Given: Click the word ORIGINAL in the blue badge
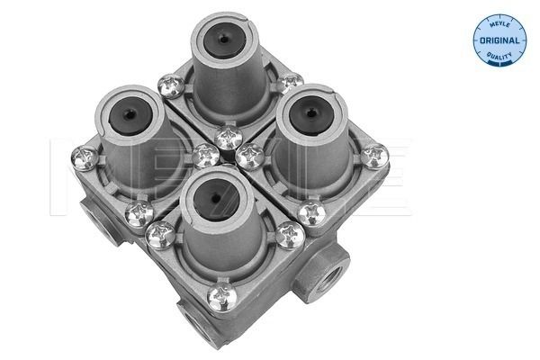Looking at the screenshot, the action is pyautogui.click(x=499, y=40).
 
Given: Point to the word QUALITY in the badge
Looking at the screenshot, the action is pyautogui.click(x=499, y=56).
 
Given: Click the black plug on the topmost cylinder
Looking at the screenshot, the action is pyautogui.click(x=224, y=40).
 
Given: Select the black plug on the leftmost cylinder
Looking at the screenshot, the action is pyautogui.click(x=130, y=115).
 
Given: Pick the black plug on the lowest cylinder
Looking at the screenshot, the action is pyautogui.click(x=216, y=200).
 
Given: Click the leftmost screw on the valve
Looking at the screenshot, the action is pyautogui.click(x=85, y=158).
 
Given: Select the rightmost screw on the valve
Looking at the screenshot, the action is pyautogui.click(x=374, y=157).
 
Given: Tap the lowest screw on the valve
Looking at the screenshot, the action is pyautogui.click(x=222, y=297).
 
